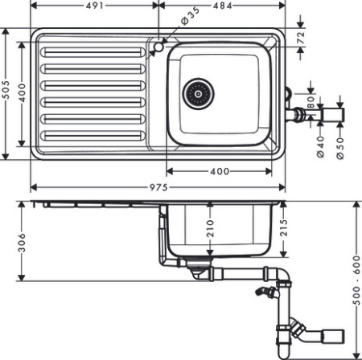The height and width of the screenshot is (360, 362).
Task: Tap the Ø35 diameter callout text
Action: coord(190,16)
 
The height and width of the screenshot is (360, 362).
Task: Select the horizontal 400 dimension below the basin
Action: coord(219,170)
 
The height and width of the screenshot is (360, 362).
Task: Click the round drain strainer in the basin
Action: coord(195,94)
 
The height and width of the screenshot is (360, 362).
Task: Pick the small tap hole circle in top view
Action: coord(157,48)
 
